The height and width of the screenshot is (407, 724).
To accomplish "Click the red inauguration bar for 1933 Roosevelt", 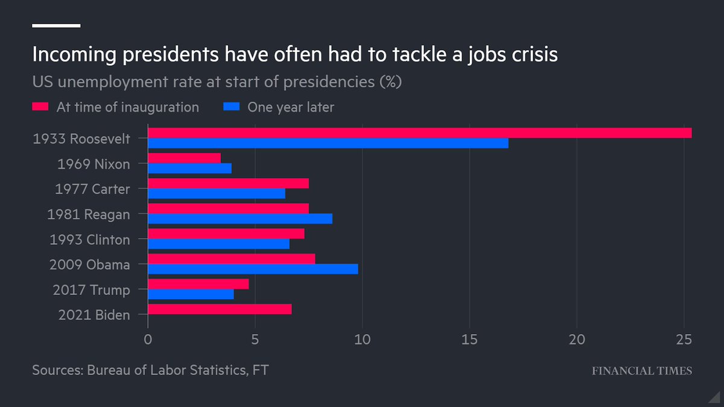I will (419, 133).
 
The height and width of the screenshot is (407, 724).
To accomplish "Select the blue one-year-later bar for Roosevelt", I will (328, 144).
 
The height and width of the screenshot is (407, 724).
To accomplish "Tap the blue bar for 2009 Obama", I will (253, 269).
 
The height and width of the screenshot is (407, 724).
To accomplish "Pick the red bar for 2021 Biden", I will (220, 309).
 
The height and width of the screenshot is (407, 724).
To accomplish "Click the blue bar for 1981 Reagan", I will (240, 219).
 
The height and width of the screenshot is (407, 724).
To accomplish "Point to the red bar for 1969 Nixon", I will (184, 158).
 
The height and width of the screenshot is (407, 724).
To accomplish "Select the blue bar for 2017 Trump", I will (191, 294).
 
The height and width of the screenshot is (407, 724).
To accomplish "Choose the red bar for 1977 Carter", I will (228, 183).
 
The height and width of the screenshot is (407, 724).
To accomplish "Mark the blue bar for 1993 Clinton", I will (218, 244).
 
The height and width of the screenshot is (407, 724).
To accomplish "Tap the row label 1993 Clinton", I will (89, 239).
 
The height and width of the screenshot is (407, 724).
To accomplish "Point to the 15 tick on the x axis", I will (469, 339).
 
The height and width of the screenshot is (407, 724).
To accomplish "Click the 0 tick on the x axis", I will (148, 339).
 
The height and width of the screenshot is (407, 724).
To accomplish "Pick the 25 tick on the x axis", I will (684, 339).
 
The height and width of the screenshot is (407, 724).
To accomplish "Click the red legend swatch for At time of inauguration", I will (40, 107).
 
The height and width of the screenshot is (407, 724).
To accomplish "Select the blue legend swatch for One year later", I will (232, 107).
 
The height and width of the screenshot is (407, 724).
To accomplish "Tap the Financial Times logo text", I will (641, 371).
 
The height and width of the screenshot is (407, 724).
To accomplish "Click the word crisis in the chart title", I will (525, 55).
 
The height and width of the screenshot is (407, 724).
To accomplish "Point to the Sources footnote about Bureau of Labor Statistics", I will (150, 370).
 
